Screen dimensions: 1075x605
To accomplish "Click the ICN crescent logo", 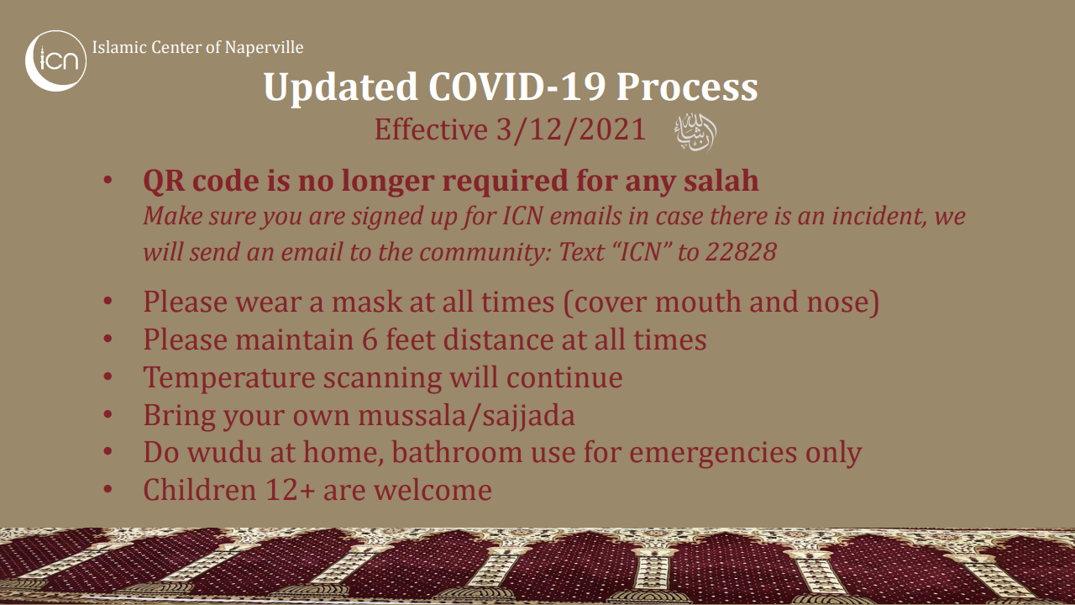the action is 55,61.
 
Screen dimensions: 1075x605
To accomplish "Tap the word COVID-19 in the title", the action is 517,87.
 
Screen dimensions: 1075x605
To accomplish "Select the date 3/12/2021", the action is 570,129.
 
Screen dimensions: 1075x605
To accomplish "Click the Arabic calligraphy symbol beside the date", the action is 695,133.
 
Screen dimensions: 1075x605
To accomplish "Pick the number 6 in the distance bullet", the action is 370,339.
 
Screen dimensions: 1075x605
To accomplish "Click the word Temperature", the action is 229,378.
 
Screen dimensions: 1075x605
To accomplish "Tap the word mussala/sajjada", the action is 466,415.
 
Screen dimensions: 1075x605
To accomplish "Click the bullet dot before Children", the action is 107,490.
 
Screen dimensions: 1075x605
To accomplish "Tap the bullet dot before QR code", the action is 107,181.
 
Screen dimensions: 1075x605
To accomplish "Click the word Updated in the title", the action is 341,88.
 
